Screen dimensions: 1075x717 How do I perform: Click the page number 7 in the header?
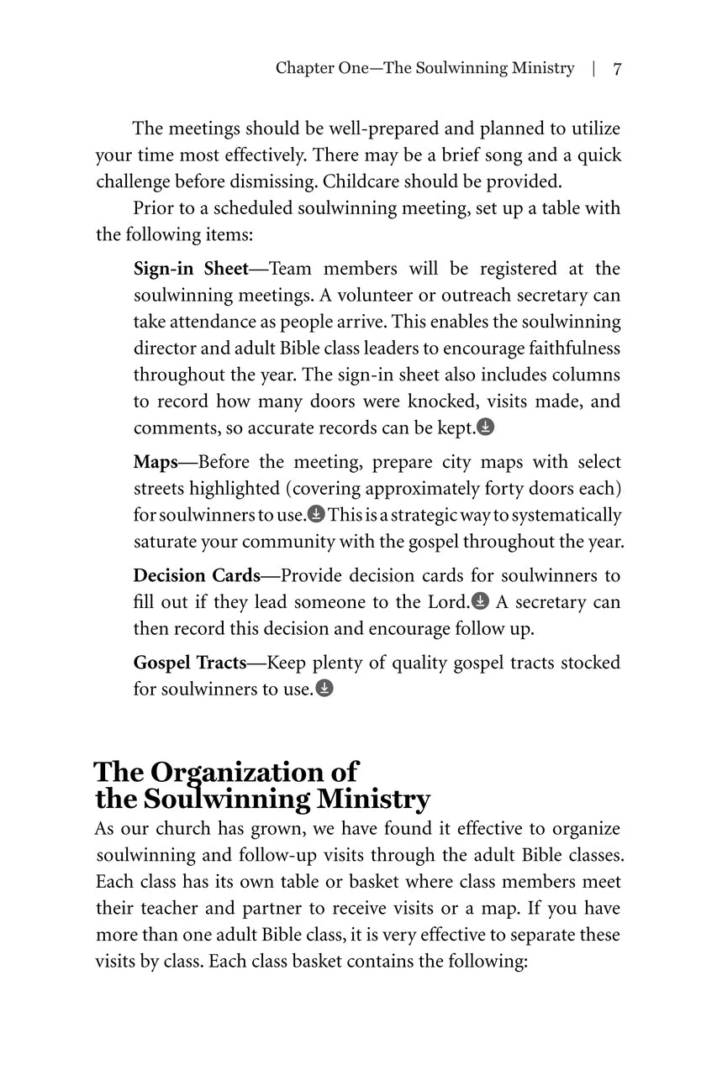coord(617,69)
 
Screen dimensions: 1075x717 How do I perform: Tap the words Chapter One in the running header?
coord(322,69)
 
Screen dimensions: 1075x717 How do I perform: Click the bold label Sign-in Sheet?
coord(191,269)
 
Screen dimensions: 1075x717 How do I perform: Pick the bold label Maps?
coord(155,462)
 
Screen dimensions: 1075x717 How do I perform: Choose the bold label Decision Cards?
coord(197,575)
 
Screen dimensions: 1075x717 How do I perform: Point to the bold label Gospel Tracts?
coord(189,663)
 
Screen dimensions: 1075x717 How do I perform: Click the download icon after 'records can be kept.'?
coord(486,427)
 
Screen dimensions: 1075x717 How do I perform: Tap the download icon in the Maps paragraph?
coord(316,515)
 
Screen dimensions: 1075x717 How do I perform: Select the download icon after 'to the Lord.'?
coord(480,602)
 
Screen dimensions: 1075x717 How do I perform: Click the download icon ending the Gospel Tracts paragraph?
coord(324,690)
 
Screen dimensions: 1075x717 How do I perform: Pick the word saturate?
coord(165,542)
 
